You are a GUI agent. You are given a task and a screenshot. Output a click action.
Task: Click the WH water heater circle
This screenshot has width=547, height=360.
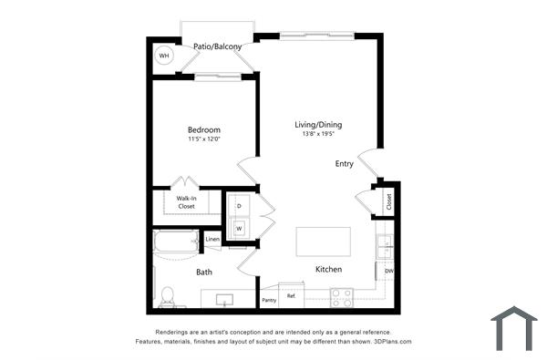[x=164, y=57]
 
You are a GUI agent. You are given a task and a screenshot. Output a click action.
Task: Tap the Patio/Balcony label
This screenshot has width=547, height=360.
[x=217, y=46]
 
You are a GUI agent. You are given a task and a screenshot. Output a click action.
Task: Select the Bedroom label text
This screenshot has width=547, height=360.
[x=204, y=129]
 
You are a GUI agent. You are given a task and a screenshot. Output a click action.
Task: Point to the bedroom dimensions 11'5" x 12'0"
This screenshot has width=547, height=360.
[x=204, y=139]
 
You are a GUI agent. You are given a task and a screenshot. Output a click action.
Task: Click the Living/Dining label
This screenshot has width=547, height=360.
[x=317, y=124]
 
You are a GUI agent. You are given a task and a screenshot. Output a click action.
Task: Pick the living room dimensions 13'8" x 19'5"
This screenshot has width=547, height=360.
[x=317, y=134]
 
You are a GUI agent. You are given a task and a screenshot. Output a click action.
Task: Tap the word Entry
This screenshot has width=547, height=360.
[x=344, y=164]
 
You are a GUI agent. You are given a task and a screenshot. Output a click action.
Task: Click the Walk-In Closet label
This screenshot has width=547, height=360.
[x=186, y=201]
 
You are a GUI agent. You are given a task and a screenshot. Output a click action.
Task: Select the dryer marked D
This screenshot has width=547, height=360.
[x=239, y=206]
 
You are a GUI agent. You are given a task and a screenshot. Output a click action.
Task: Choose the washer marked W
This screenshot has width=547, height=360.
[x=239, y=228]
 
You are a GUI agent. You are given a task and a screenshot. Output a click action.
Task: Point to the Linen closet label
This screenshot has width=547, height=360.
[x=212, y=240]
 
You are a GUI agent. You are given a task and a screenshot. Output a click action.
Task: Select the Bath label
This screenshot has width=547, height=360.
[x=204, y=272]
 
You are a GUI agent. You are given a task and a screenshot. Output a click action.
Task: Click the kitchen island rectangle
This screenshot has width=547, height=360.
[x=324, y=242]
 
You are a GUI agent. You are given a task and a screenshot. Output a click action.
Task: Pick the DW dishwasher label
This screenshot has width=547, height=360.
[x=388, y=271]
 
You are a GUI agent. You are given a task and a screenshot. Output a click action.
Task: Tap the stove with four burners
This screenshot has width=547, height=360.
[x=342, y=296]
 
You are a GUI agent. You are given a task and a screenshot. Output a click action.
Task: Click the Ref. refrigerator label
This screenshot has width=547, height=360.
[x=292, y=296]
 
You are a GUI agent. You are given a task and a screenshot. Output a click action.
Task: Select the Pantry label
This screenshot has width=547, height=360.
[x=269, y=300]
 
